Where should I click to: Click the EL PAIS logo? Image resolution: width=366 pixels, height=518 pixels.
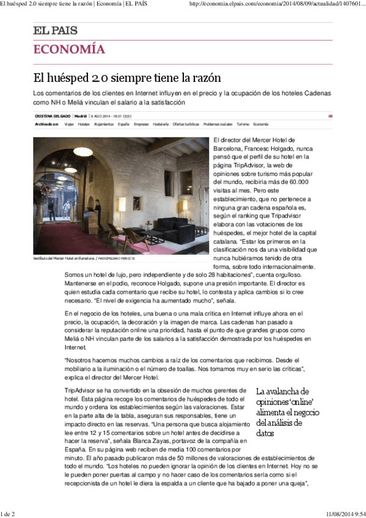[55, 31]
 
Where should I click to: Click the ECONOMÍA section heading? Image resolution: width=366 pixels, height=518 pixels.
[69, 49]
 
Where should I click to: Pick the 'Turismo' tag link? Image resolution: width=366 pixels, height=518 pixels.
[243, 123]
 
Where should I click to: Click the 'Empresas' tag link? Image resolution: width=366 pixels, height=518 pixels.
[141, 123]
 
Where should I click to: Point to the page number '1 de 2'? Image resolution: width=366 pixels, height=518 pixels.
[8, 514]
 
